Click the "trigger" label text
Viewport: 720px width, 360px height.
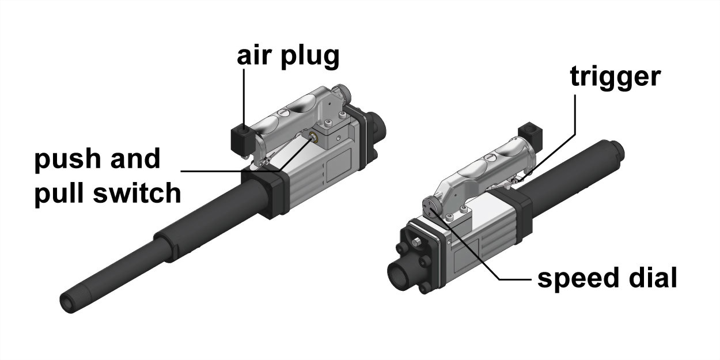click(615, 77)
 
